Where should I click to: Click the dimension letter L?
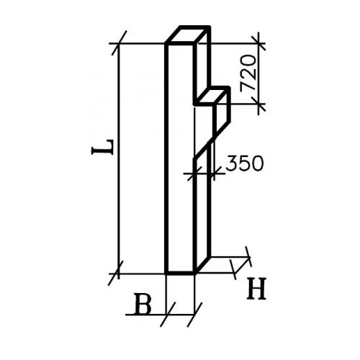pyautogui.click(x=102, y=147)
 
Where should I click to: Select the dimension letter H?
pyautogui.click(x=256, y=289)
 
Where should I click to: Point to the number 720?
pyautogui.click(x=248, y=73)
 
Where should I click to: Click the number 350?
pyautogui.click(x=245, y=163)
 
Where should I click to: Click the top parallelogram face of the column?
pyautogui.click(x=188, y=35)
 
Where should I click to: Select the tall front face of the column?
pyautogui.click(x=180, y=158)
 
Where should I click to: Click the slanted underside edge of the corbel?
pyautogui.click(x=212, y=139)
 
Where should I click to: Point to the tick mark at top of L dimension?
pyautogui.click(x=119, y=43)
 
